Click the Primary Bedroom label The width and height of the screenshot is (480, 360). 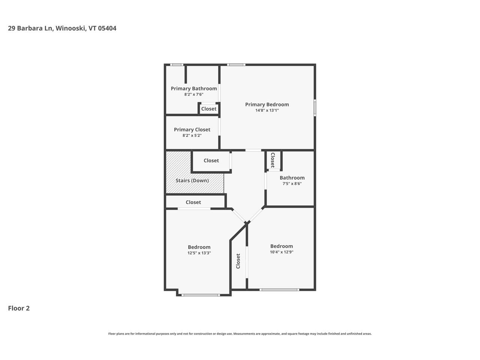pos(267,105)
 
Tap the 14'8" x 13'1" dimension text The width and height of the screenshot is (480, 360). pos(267,111)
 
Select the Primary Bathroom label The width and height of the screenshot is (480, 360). pos(193,88)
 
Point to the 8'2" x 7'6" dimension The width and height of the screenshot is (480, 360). pos(193,94)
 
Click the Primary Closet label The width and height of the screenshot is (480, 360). pos(192,130)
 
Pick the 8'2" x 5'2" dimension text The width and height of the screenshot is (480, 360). pos(192,136)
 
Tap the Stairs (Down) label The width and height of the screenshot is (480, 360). pos(192,180)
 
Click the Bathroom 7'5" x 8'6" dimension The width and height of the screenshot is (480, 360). pos(292,184)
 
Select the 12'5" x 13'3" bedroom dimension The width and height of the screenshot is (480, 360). pos(199,253)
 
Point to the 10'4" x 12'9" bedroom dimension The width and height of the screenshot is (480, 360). pos(281,252)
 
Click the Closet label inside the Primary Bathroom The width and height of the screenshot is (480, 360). pos(208,109)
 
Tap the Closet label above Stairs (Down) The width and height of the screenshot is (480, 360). pos(211,160)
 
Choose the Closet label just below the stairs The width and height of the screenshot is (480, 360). pos(193,202)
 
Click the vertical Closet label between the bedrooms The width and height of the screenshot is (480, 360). pos(238,261)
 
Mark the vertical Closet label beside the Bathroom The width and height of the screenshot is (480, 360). pos(273,160)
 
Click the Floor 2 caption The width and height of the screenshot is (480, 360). pos(19,308)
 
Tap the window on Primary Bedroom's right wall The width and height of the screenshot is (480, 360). pos(315,108)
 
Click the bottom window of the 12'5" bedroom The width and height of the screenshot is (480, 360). pos(200,295)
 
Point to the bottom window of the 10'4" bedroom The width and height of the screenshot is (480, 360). pos(279,289)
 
